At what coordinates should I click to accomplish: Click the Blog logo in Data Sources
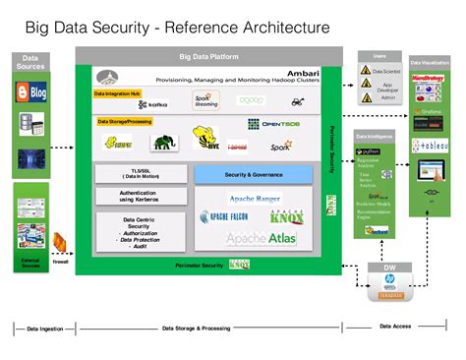31,94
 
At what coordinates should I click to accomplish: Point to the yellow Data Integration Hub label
117,92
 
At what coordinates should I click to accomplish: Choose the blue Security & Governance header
253,174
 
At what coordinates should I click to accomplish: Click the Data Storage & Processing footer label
203,328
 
